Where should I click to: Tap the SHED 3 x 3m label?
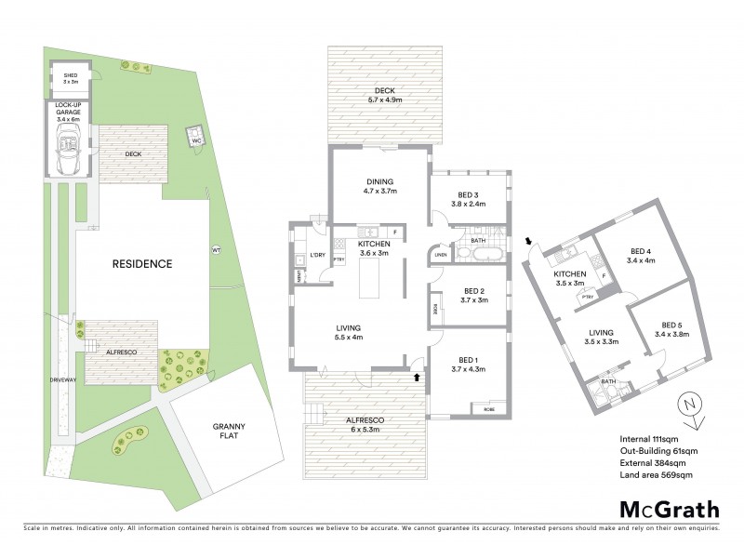[x=70, y=78]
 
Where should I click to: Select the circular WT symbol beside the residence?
[x=216, y=249]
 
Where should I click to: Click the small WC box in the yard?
[x=196, y=139]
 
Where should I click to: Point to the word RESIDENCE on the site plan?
[x=142, y=263]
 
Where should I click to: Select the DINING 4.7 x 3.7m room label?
[x=379, y=186]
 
